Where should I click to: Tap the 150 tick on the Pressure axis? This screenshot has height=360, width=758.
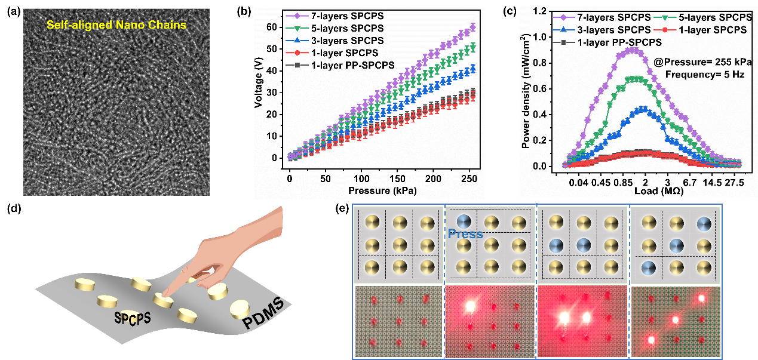coord(397,179)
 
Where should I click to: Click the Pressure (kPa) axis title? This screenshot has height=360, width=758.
coord(380,190)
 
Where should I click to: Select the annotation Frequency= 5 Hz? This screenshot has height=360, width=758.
coord(702,75)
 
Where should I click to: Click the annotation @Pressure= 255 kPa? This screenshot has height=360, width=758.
coord(702,62)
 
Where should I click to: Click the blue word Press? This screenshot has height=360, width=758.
coord(465,234)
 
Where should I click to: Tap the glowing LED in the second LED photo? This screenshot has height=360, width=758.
coord(469,306)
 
